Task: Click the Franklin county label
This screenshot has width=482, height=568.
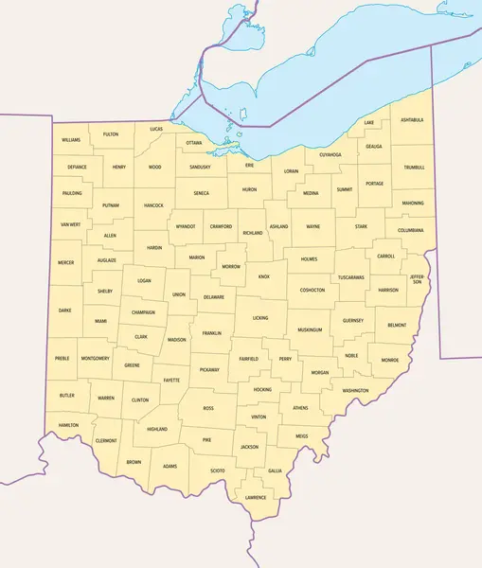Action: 212,333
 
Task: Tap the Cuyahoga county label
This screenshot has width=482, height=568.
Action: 330,154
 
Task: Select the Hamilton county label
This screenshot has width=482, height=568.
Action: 68,425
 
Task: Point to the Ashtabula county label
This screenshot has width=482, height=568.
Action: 412,120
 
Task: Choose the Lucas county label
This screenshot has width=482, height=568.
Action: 156,128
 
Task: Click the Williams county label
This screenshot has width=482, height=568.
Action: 71,139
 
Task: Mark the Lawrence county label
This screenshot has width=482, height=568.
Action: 256,497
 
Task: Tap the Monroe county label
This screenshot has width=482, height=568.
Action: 390,361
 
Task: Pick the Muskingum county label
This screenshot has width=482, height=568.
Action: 310,329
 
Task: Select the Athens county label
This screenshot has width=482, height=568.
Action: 300,408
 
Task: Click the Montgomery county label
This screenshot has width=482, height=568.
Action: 96,359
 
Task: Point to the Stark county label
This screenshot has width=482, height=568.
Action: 362,227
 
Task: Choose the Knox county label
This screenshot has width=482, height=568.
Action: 264,277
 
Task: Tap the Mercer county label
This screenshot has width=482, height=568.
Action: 65,262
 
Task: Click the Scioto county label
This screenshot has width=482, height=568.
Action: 218,470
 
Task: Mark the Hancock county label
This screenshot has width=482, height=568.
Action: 153,205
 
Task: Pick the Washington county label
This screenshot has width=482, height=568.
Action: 355,390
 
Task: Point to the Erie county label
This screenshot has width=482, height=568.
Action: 250,165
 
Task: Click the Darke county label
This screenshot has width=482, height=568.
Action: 64,310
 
